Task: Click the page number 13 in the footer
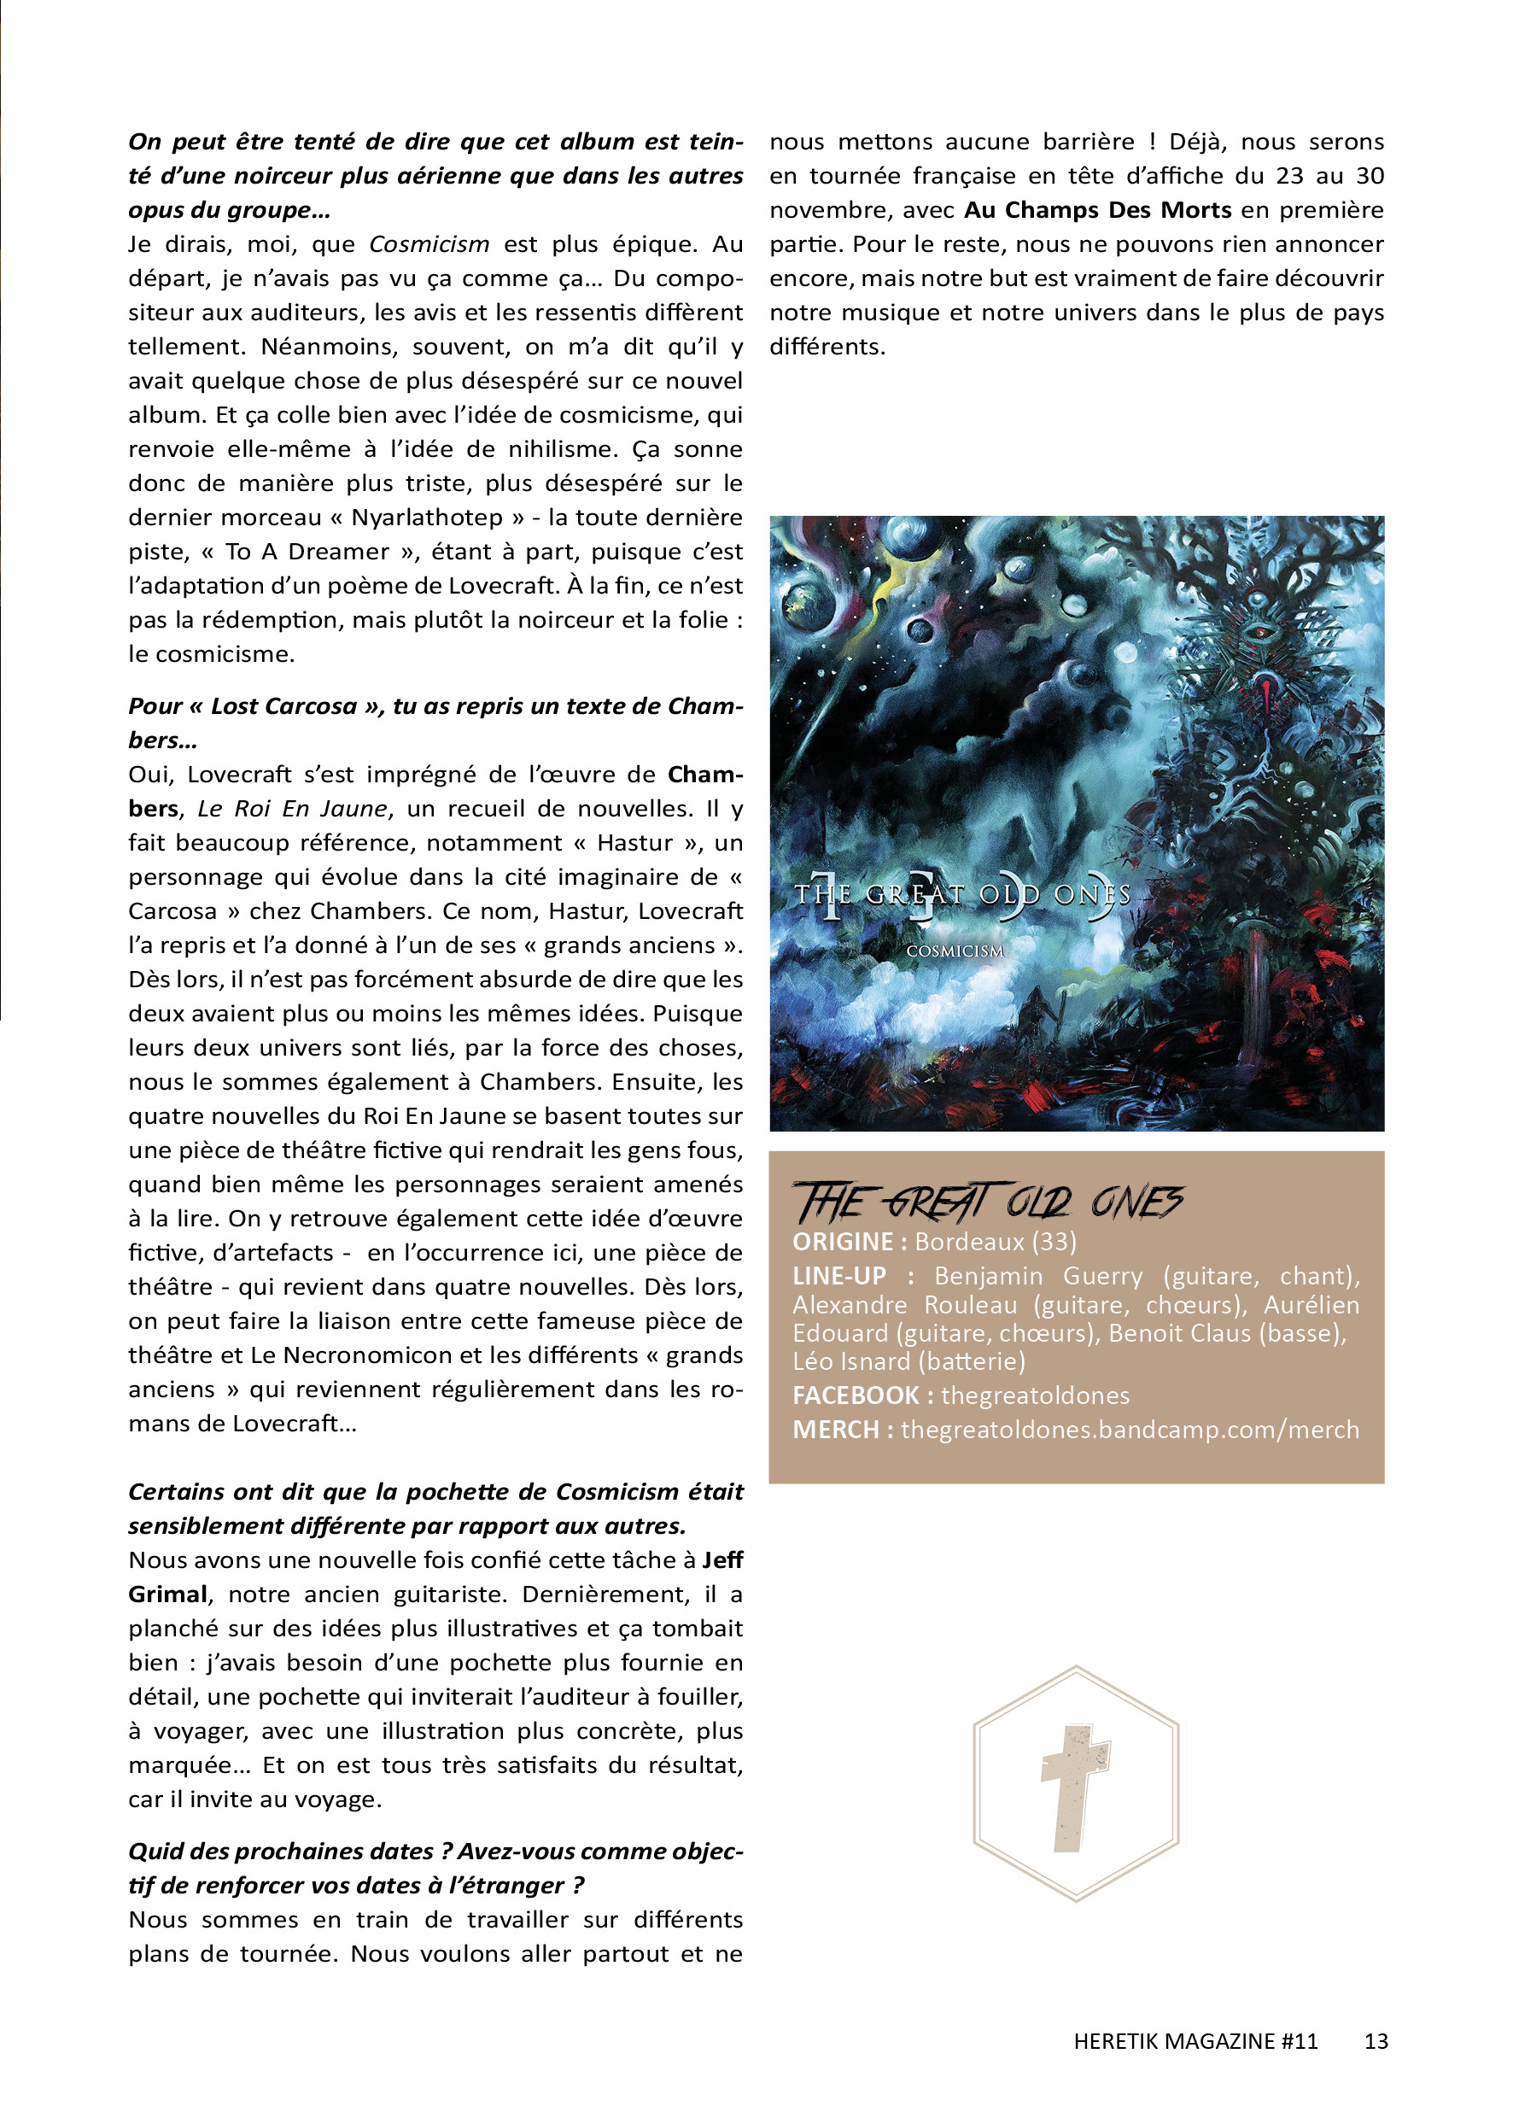[1376, 2040]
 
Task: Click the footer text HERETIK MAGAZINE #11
[1195, 2040]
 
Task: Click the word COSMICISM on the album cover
[955, 951]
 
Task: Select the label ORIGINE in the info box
[842, 1242]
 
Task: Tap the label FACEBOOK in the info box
[855, 1395]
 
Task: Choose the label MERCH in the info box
[835, 1430]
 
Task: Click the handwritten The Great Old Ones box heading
[988, 1202]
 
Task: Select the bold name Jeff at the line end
[722, 1559]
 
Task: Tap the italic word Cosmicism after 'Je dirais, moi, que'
[429, 244]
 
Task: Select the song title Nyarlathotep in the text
[427, 518]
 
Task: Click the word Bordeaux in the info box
[969, 1242]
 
